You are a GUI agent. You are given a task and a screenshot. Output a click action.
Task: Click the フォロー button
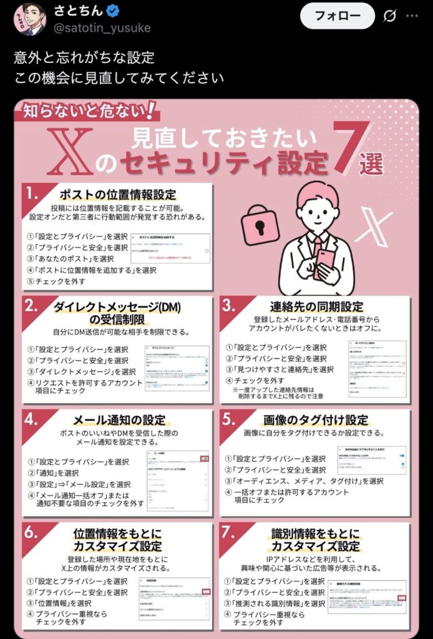coord(337,15)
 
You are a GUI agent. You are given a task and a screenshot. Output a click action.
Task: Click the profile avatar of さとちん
coord(29,19)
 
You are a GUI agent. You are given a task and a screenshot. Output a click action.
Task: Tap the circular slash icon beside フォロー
coord(391,16)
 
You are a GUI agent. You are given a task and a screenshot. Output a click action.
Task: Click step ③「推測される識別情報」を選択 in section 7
coord(275,603)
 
